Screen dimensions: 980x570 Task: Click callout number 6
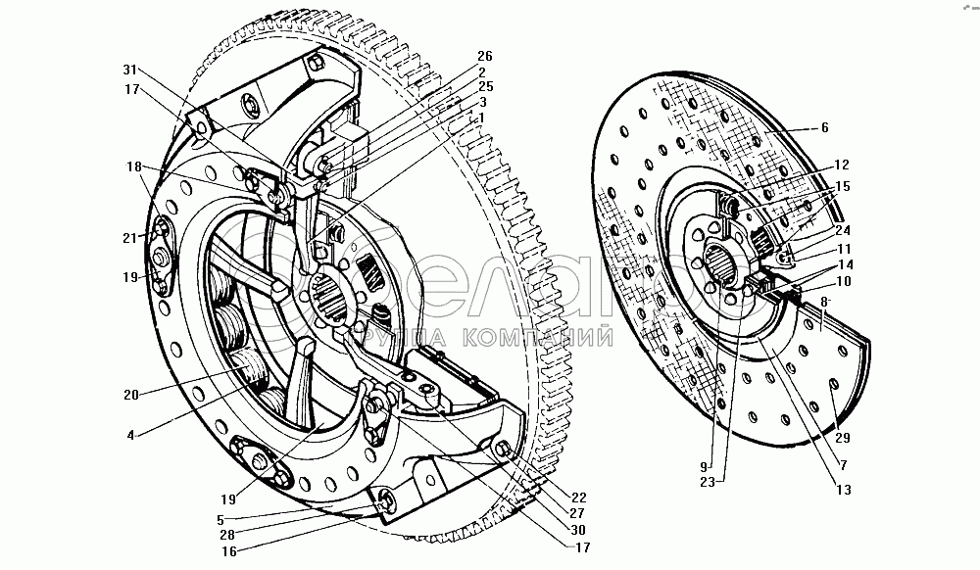coord(826,127)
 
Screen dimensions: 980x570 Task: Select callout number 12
coord(841,166)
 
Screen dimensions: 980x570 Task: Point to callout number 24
coord(841,231)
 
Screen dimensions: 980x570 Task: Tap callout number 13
coord(842,490)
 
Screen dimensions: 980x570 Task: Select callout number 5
coord(220,520)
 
